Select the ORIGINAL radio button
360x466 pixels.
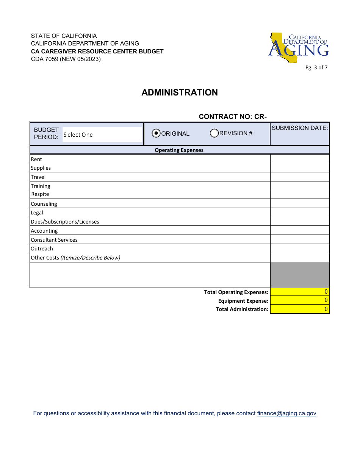(x=156, y=133)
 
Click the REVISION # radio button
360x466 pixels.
(x=214, y=133)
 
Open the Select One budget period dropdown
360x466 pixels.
(x=102, y=134)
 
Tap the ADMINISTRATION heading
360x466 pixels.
(x=180, y=92)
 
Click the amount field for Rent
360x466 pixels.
(x=299, y=159)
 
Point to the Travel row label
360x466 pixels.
(x=38, y=177)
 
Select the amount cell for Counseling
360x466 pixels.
(x=299, y=204)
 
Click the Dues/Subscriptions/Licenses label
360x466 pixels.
(x=65, y=222)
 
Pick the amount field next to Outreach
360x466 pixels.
(x=299, y=249)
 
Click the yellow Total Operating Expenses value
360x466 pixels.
(x=299, y=292)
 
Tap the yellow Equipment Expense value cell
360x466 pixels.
(x=299, y=300)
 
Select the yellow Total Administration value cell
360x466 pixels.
(x=299, y=309)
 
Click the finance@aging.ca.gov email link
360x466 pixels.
(x=286, y=413)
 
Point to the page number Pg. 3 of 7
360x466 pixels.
(x=316, y=68)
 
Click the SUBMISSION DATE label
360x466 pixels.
(x=300, y=128)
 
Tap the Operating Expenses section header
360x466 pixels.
(x=179, y=150)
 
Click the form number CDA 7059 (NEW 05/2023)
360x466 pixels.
(x=66, y=59)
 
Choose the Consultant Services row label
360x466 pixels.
(x=54, y=240)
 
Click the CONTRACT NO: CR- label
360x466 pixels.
(x=233, y=117)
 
